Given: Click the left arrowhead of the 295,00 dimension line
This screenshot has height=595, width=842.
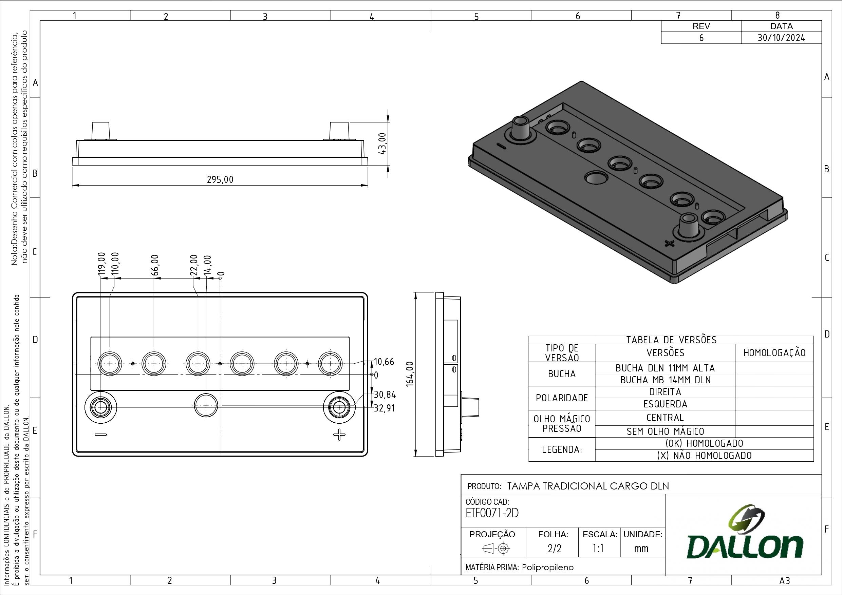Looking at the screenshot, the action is tap(76, 186).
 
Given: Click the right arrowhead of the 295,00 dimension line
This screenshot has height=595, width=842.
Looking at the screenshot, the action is tap(364, 186).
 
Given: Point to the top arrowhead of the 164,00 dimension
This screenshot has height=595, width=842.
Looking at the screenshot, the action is tap(415, 296).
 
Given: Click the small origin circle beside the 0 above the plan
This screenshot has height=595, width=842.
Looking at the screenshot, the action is tap(220, 278).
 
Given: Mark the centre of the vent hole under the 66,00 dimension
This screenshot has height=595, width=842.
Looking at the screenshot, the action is tap(154, 364).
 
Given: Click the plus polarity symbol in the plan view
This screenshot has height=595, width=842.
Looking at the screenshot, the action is tap(339, 435).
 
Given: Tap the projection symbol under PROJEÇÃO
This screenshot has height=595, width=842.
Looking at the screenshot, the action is tap(496, 549).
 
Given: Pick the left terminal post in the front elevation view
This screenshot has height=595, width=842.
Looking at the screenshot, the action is tap(100, 131).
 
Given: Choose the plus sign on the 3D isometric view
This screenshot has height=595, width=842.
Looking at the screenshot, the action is tap(669, 243).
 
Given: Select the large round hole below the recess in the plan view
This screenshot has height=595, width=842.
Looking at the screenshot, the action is tap(206, 405).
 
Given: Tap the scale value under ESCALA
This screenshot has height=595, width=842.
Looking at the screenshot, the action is tap(598, 549).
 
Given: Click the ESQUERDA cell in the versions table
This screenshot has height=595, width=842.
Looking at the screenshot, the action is tap(665, 404).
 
